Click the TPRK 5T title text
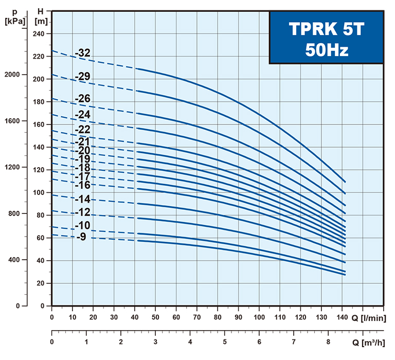[x=326, y=29]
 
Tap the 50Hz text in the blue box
[x=326, y=49]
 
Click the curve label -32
[x=83, y=53]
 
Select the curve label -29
[x=83, y=77]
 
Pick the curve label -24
[x=83, y=114]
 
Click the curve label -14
[x=83, y=200]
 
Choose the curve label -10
[x=83, y=225]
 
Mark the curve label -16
[x=83, y=185]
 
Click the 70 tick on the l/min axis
[x=197, y=317]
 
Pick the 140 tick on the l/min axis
[x=343, y=317]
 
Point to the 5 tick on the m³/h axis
[x=225, y=342]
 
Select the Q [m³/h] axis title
[x=368, y=342]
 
